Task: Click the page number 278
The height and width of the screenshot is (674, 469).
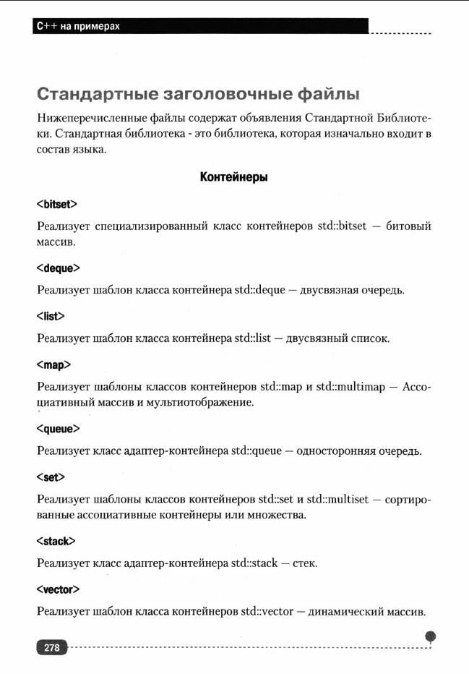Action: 51,648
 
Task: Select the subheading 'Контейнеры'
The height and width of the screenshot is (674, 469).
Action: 234,177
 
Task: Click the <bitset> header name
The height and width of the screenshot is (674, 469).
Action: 56,205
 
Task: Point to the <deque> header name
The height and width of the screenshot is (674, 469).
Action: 58,268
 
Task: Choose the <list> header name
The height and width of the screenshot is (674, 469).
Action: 51,316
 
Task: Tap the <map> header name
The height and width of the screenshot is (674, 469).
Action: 53,364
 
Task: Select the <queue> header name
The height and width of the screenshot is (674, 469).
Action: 58,429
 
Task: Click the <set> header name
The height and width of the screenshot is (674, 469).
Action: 51,477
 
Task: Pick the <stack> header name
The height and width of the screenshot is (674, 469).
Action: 56,541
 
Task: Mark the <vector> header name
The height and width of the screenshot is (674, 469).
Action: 58,589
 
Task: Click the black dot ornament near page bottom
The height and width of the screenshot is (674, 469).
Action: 431,636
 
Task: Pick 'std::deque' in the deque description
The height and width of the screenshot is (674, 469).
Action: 260,290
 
